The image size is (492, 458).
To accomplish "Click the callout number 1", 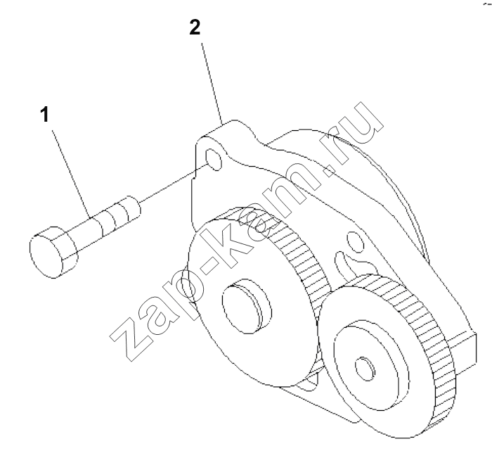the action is [46, 115].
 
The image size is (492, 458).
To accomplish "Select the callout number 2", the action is [195, 27].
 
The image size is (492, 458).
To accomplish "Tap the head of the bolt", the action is [53, 251].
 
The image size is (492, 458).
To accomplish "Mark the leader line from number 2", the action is [212, 84].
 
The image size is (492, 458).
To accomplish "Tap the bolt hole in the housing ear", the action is [214, 160].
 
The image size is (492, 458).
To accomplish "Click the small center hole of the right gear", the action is [365, 369].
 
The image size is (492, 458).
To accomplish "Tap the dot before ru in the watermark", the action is [329, 170].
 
